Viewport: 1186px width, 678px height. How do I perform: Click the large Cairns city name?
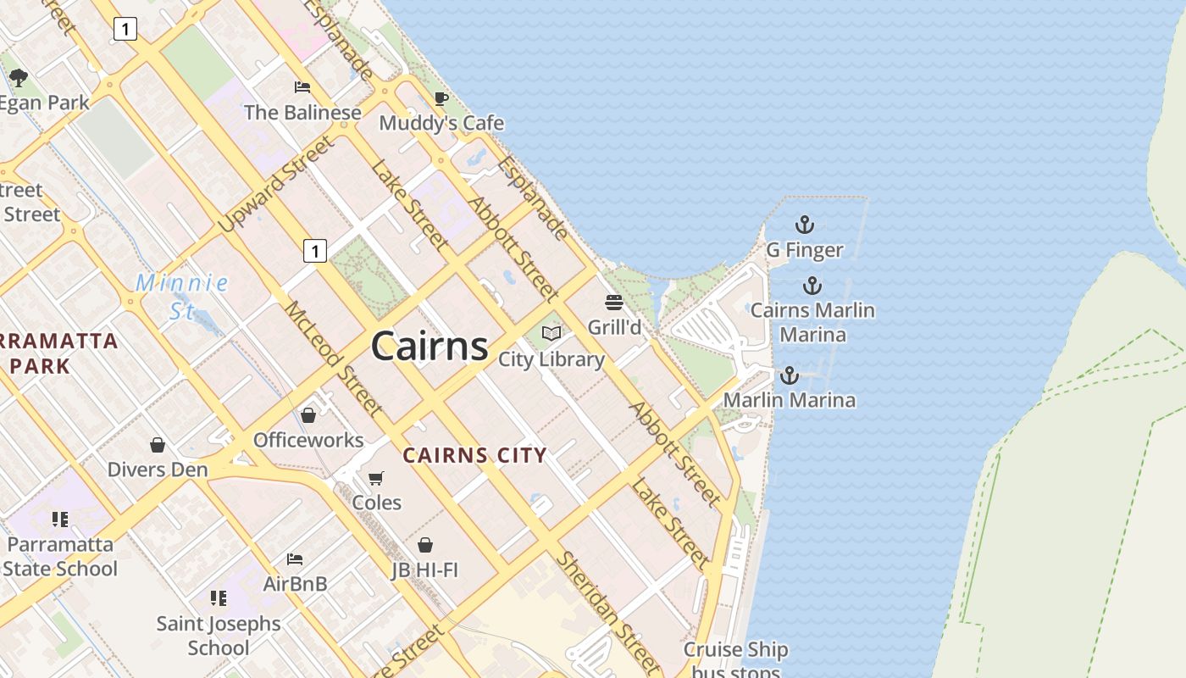click(430, 346)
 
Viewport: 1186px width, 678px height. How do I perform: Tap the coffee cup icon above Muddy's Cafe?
click(441, 98)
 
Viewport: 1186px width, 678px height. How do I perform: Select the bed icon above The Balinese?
click(302, 86)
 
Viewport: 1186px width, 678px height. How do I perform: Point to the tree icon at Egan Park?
click(19, 78)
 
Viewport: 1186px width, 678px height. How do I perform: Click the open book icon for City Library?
click(551, 333)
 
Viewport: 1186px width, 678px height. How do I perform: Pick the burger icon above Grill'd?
click(614, 303)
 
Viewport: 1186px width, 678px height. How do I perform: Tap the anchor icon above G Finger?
click(804, 225)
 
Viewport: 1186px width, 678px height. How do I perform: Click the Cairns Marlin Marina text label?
click(812, 322)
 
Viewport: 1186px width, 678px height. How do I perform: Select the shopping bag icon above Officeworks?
click(308, 415)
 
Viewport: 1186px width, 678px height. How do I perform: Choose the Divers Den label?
click(158, 470)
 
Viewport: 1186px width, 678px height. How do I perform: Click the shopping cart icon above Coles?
click(376, 478)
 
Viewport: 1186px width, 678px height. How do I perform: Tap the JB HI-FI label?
click(424, 570)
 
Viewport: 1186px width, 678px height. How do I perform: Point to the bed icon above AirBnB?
click(295, 559)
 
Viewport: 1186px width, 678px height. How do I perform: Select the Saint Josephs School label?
click(219, 636)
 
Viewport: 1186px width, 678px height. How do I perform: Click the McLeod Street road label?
click(333, 358)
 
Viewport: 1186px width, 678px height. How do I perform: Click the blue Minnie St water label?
click(181, 297)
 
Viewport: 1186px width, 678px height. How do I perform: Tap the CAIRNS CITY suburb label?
click(474, 455)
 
